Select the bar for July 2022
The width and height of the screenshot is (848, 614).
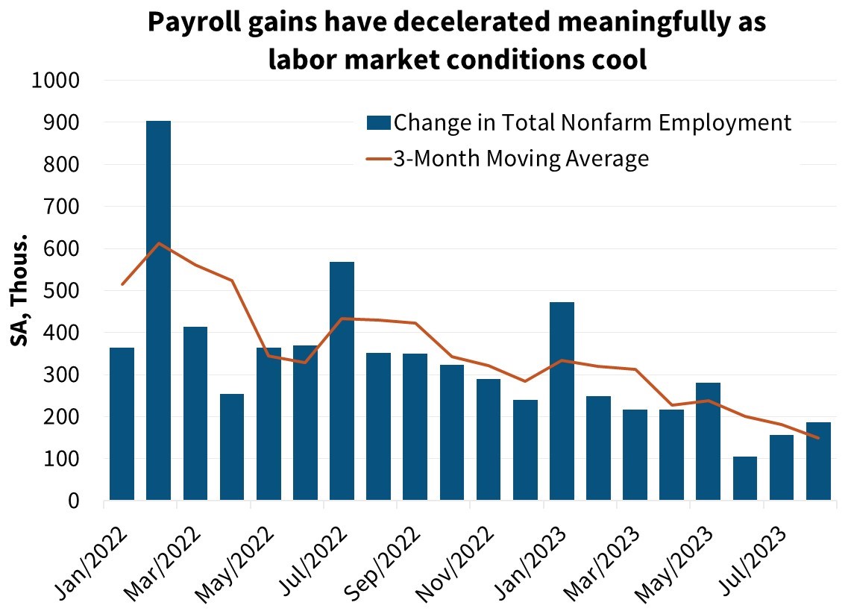tap(342, 380)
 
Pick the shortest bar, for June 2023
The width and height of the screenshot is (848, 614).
tap(745, 478)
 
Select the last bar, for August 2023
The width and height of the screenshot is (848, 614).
tap(818, 461)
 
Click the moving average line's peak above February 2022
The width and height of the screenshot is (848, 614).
tap(159, 243)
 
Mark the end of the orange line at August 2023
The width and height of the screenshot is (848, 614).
tap(818, 438)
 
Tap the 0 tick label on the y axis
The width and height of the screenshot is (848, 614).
tap(73, 501)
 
